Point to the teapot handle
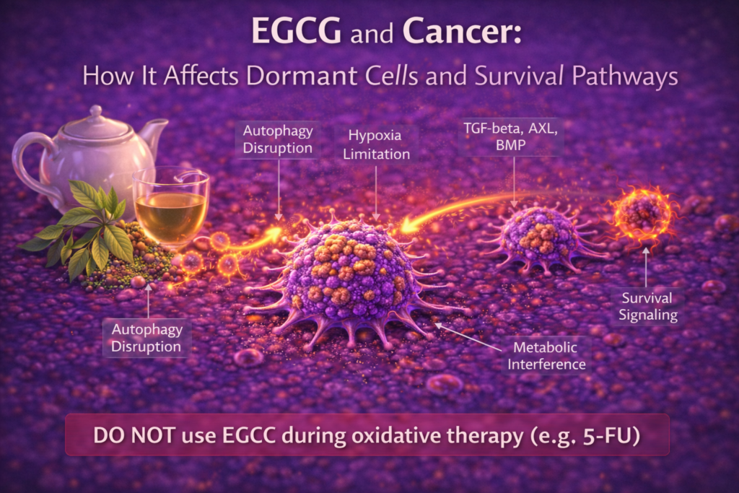point(27,162)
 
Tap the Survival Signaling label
point(647,306)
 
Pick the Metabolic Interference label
point(546,356)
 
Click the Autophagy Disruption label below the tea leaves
point(147,339)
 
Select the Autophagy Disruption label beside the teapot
point(277,141)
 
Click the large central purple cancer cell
point(350,278)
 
